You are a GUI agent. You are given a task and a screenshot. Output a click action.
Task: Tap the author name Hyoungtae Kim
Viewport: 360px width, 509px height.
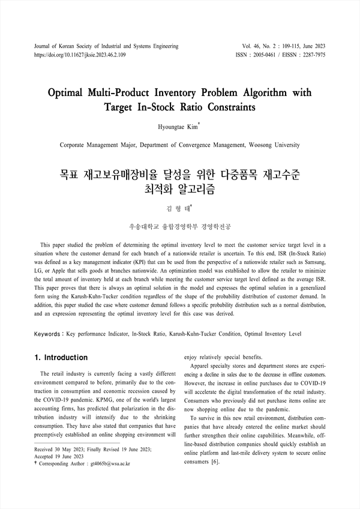(x=178, y=127)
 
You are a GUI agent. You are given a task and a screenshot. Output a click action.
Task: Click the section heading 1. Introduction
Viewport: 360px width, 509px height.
(x=62, y=358)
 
